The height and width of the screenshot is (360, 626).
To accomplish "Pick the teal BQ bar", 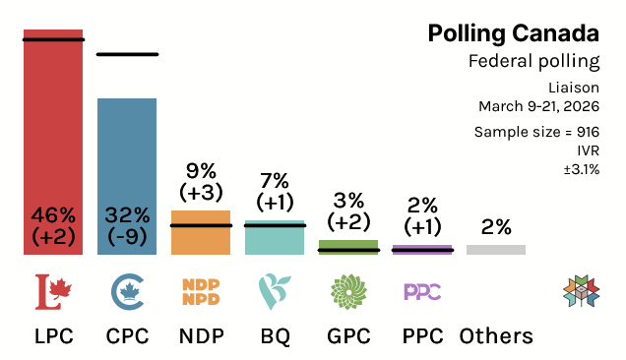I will pyautogui.click(x=275, y=241).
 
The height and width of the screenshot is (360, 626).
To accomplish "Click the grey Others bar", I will pyautogui.click(x=496, y=250).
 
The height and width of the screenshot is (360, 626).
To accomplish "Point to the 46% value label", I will pyautogui.click(x=53, y=214).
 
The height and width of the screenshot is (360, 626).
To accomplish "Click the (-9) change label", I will pyautogui.click(x=127, y=237).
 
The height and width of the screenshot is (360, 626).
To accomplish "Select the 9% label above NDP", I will pyautogui.click(x=201, y=169).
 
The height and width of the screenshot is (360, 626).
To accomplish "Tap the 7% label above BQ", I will pyautogui.click(x=275, y=180).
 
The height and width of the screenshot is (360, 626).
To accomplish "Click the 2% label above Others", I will pyautogui.click(x=496, y=227).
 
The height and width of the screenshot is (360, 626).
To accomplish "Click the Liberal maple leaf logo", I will pyautogui.click(x=53, y=290).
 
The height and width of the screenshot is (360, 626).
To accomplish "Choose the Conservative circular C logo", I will pyautogui.click(x=127, y=290).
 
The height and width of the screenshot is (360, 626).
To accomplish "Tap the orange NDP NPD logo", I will pyautogui.click(x=201, y=291).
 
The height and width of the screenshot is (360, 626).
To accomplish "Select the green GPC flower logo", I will pyautogui.click(x=348, y=290).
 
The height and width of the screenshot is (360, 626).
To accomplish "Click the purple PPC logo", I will pyautogui.click(x=422, y=291).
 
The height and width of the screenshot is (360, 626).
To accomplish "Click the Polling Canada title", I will pyautogui.click(x=513, y=33).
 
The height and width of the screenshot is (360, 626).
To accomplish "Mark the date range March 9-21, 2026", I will pyautogui.click(x=538, y=106).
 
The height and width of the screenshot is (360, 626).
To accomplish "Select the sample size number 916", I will pyautogui.click(x=588, y=132).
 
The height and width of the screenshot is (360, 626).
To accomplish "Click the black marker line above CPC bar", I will pyautogui.click(x=127, y=54).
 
